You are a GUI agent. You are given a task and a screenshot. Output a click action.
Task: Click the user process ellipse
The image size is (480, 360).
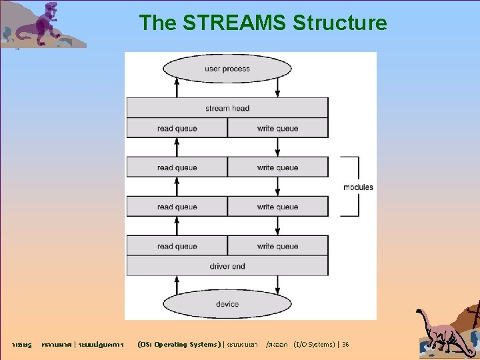(x=227, y=69)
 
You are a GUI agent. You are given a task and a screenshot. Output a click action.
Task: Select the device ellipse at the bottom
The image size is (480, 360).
(x=227, y=304)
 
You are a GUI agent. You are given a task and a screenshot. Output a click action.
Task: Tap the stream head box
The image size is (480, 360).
(x=227, y=108)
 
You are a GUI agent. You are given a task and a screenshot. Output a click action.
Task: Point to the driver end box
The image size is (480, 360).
(x=227, y=266)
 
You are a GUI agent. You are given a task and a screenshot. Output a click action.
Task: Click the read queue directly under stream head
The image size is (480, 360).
(x=177, y=128)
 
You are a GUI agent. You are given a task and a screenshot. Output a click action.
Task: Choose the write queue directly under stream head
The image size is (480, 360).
(x=277, y=128)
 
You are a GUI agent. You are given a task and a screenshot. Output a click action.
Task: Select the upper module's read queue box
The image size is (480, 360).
(x=177, y=167)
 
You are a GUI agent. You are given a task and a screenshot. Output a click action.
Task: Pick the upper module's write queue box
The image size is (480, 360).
(x=277, y=167)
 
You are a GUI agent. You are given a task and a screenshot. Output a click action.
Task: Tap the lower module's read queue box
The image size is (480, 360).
(x=177, y=207)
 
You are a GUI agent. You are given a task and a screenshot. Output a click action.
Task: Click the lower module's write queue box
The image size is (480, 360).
(x=277, y=207)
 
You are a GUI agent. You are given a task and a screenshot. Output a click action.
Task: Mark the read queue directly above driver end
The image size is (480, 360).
(x=177, y=246)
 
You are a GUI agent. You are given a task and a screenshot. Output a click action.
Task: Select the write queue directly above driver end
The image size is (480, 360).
(x=277, y=246)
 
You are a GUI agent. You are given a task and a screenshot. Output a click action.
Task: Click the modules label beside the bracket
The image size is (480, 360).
(x=358, y=187)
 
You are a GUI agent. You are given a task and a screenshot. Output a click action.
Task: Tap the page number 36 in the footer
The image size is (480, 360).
(x=345, y=345)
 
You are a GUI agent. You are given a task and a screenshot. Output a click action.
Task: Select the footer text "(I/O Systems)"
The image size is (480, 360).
(x=313, y=345)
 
